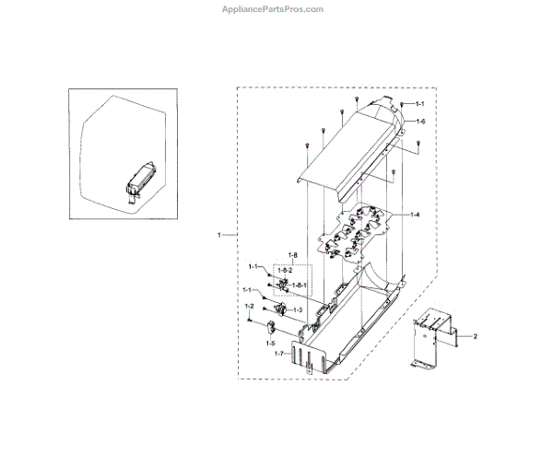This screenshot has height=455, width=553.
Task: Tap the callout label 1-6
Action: (419, 122)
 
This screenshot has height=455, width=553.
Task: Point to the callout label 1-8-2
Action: (298, 270)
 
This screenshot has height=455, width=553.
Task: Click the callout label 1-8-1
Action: (299, 285)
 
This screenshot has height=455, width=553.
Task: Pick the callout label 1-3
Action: (298, 310)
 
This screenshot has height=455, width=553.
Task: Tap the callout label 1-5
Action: (270, 344)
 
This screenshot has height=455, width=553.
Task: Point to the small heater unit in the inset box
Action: (138, 178)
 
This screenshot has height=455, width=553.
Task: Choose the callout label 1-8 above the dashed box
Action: (292, 254)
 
